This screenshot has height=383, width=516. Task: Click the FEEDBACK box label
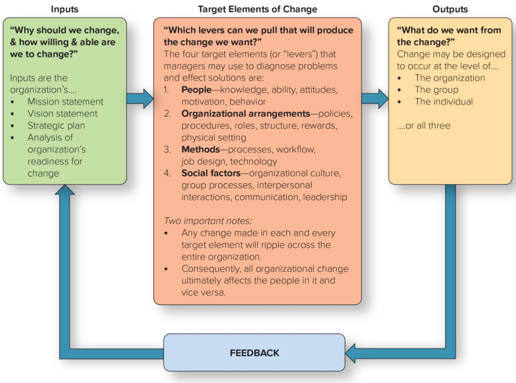[x=254, y=353]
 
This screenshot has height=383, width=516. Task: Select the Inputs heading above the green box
[x=65, y=9]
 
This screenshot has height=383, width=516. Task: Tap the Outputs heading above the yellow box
[x=450, y=9]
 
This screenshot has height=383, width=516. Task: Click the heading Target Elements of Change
[x=257, y=9]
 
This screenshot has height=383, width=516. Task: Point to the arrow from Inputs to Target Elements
[x=140, y=99]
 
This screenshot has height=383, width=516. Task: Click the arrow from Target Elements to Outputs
[x=375, y=99]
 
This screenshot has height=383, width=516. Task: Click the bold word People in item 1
[x=196, y=90]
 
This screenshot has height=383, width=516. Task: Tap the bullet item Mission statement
[x=65, y=102]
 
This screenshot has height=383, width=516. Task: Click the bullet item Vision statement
[x=63, y=114]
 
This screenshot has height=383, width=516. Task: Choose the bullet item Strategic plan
[x=57, y=125]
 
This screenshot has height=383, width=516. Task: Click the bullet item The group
[x=436, y=90]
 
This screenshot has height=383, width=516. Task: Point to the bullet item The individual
[x=443, y=102]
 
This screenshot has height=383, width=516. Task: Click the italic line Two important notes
[x=208, y=221]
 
